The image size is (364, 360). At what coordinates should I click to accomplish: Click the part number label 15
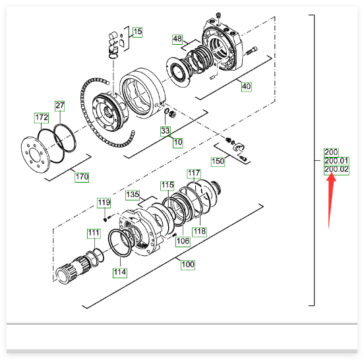[x=137, y=32]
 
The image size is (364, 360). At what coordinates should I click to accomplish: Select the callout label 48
[x=177, y=39]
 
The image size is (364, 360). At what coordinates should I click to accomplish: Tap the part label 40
[x=247, y=86]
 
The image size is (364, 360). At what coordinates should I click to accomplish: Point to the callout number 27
[x=60, y=106]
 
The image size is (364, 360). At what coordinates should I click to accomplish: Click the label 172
[x=42, y=117]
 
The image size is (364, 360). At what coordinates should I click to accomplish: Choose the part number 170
[x=82, y=177]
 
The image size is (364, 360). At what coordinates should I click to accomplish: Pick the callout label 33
[x=166, y=131]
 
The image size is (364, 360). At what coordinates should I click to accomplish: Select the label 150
[x=218, y=162]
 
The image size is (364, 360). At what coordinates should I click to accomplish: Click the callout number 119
[x=104, y=203]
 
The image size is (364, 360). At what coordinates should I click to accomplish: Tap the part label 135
[x=133, y=195]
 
